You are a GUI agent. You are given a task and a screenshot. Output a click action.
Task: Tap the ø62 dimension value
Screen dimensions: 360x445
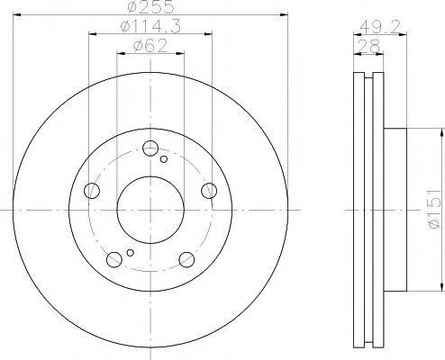(148, 45)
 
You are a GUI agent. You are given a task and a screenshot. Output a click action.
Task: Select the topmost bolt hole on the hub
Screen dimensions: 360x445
(150, 149)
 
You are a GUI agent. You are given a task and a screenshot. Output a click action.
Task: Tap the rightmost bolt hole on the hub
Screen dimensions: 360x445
(208, 189)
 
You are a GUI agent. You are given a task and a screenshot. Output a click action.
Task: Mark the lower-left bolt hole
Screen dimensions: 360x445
(114, 260)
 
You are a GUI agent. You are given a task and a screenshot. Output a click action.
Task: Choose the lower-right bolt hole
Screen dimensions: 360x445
(186, 260)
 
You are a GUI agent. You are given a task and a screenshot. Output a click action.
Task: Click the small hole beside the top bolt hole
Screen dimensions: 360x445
(163, 159)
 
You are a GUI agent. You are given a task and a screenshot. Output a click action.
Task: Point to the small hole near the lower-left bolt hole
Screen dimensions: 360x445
(131, 252)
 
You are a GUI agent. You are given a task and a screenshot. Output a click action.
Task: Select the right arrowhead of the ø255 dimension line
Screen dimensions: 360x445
(279, 15)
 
